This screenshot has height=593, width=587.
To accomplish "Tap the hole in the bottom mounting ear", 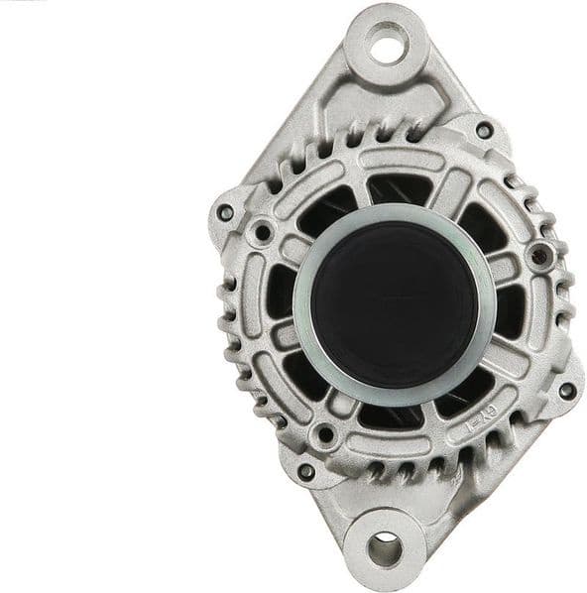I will point(384,548).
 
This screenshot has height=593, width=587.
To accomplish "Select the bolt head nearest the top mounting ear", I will point(483,130).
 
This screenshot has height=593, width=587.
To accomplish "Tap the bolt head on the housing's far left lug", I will point(226,212).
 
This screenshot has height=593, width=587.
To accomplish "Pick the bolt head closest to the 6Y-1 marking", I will point(567,390).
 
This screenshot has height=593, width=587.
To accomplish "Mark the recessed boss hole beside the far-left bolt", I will point(263,234).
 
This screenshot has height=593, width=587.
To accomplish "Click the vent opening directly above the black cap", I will point(397,188).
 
